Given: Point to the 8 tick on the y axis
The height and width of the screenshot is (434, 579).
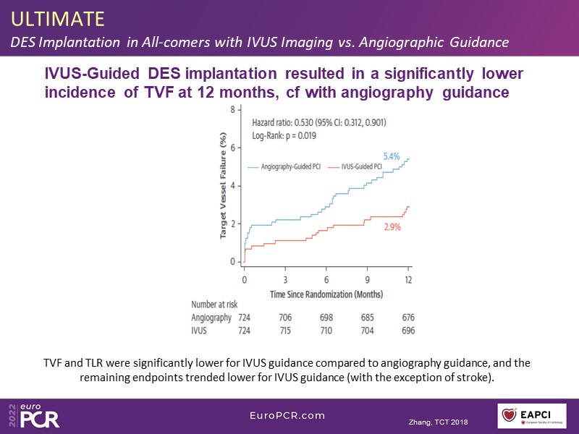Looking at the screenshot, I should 232,109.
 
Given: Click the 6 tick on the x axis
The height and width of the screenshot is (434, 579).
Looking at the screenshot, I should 326,279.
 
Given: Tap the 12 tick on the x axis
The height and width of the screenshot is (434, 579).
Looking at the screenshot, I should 408,279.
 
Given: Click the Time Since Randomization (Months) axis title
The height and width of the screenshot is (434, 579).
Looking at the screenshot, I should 326,294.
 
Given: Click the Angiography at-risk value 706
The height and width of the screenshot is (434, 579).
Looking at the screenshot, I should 285,318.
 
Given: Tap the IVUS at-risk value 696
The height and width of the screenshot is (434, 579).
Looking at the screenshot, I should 408,331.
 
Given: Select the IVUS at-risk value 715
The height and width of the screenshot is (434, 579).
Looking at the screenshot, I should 285,331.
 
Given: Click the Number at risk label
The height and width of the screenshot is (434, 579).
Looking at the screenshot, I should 214,305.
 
